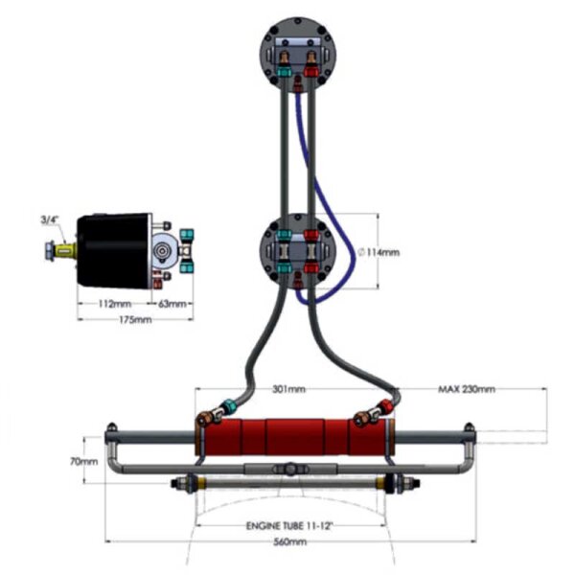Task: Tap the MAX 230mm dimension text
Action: click(x=467, y=390)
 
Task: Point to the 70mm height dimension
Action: click(x=83, y=460)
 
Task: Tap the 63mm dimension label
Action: click(x=172, y=305)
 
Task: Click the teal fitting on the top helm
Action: click(x=284, y=70)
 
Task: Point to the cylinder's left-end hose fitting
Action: click(x=205, y=418)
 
